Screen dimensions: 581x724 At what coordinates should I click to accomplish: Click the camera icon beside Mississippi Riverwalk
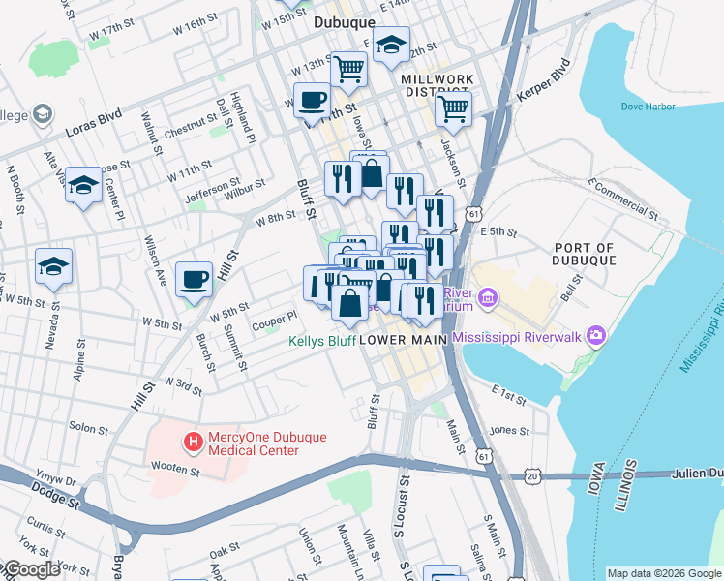[595, 336]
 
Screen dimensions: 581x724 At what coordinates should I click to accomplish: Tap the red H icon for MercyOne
[194, 443]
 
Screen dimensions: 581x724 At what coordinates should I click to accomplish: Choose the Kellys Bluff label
[321, 341]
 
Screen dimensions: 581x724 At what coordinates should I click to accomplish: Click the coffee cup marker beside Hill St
[194, 279]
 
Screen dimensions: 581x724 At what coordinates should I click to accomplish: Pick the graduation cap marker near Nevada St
[53, 265]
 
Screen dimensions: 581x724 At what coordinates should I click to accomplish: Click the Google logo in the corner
[31, 569]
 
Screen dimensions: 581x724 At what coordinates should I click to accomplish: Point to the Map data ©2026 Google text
[663, 573]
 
